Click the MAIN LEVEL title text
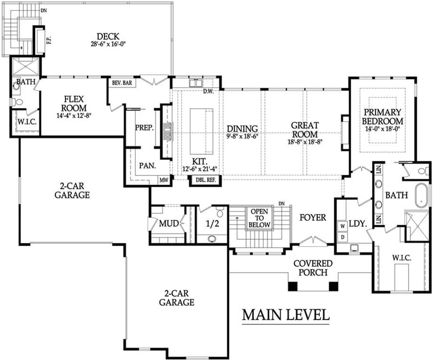click(x=285, y=314)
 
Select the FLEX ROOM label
click(x=73, y=103)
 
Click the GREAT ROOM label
click(x=305, y=129)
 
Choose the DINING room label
click(x=242, y=129)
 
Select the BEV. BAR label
click(x=122, y=83)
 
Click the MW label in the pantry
click(x=163, y=180)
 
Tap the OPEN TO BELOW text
click(x=259, y=218)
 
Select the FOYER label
click(x=313, y=218)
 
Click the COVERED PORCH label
click(x=312, y=268)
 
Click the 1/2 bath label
click(x=209, y=224)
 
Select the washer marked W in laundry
click(x=342, y=225)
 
